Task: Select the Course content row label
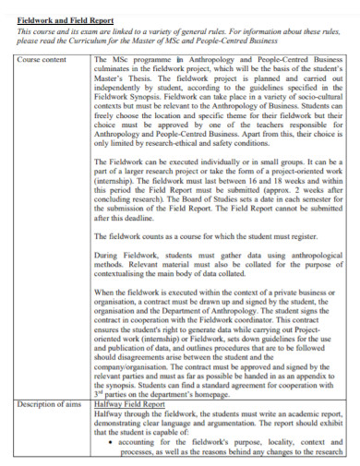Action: point(42,60)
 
